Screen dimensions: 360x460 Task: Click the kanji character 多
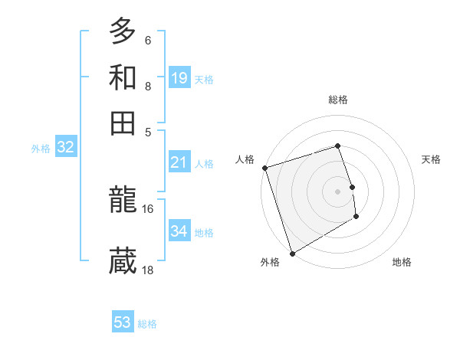pos(123,31)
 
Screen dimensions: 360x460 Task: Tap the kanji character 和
pos(123,77)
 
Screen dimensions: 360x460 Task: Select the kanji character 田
pos(123,123)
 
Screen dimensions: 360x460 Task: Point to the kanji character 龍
pos(123,201)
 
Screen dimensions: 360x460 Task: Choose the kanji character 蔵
pos(123,261)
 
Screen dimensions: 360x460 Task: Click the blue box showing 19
pos(179,77)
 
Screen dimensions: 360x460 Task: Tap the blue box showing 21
pos(179,162)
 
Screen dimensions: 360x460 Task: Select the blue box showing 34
pos(179,231)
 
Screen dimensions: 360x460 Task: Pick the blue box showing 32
pos(65,148)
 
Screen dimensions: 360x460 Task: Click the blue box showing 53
pos(123,322)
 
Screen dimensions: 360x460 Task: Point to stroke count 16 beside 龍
pos(148,208)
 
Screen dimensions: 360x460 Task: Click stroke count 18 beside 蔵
pos(148,270)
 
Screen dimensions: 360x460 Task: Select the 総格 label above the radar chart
pos(338,100)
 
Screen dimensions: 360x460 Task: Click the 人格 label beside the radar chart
pos(245,159)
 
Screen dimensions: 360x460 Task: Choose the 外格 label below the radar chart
pos(270,262)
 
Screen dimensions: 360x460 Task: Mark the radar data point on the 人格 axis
pos(264,168)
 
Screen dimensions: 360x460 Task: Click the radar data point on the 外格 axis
pos(292,253)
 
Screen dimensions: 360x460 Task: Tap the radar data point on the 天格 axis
pos(352,186)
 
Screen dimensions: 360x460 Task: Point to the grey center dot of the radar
pos(338,191)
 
